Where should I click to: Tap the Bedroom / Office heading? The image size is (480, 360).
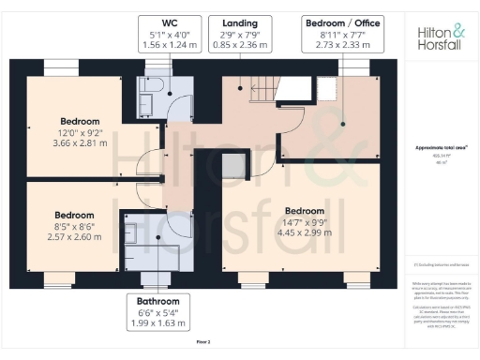coord(342,21)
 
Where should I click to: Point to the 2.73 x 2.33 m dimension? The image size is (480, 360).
coord(342,44)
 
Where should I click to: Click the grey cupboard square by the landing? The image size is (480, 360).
coord(232,163)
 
